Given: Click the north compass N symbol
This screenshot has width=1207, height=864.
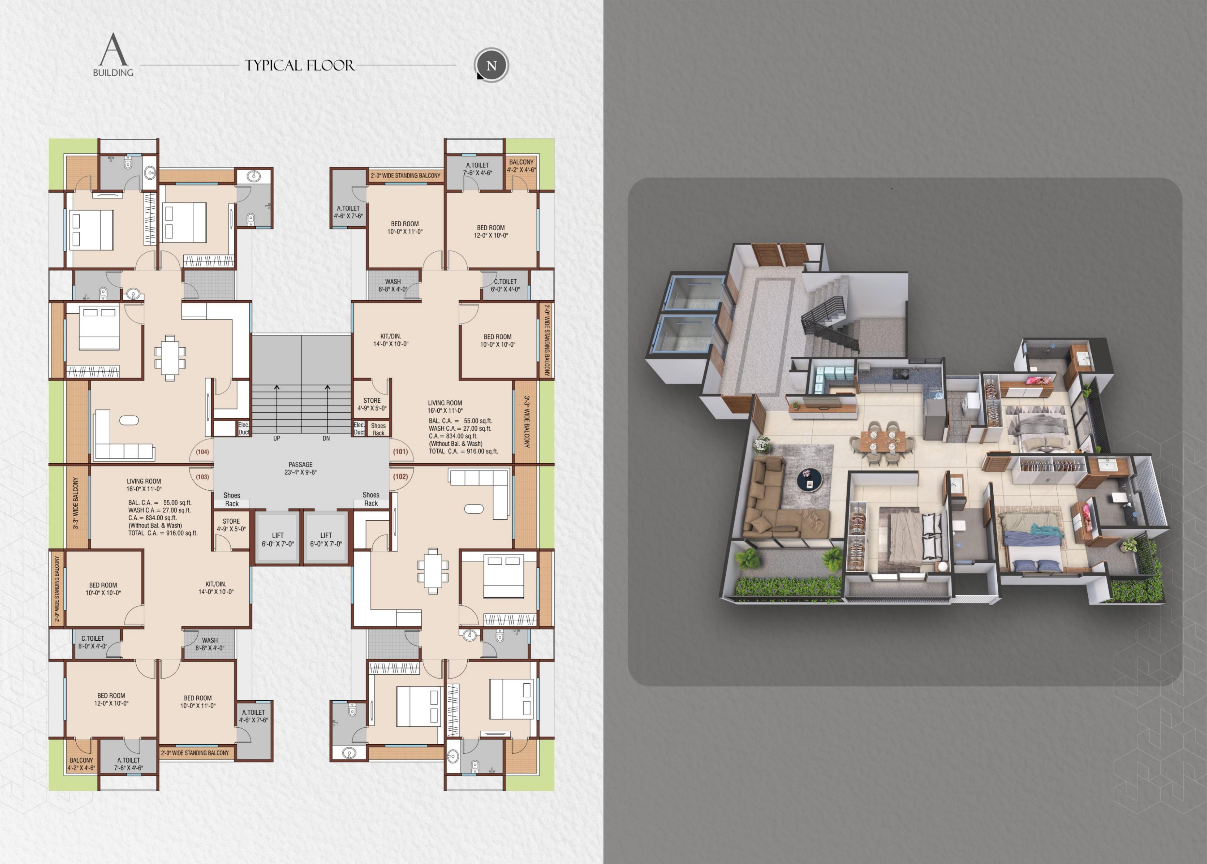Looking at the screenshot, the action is coord(491,66).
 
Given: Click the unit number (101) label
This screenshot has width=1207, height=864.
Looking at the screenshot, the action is coord(400,452).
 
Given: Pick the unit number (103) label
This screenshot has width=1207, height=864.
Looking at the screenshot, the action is coord(202,477).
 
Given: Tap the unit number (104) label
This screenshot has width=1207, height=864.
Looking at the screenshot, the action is coord(202,452).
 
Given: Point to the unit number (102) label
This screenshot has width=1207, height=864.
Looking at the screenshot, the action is coord(400,477).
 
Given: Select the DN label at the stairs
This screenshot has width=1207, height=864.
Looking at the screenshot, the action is coord(326,439).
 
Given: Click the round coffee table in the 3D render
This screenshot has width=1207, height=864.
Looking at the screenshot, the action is coord(810,480).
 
